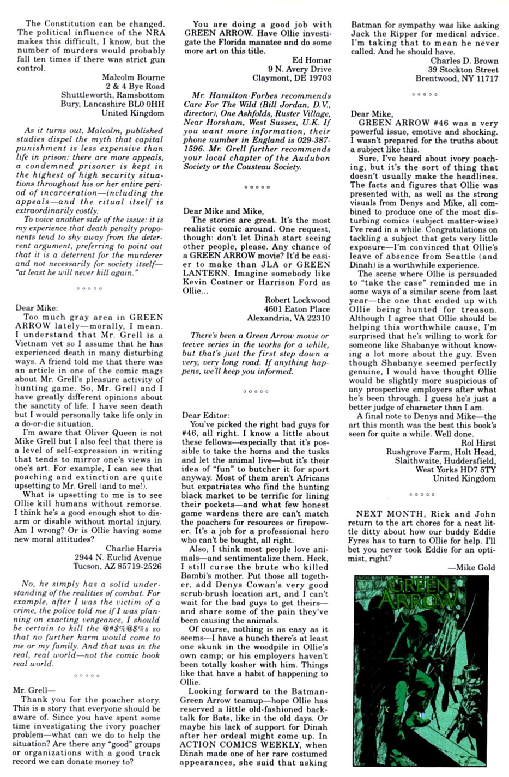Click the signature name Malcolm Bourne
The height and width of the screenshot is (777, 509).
132,77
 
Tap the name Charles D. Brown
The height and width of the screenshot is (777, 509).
464,60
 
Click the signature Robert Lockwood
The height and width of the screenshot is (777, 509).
297,300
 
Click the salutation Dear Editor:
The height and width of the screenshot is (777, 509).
205,415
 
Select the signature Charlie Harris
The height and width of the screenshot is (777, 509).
133,548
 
